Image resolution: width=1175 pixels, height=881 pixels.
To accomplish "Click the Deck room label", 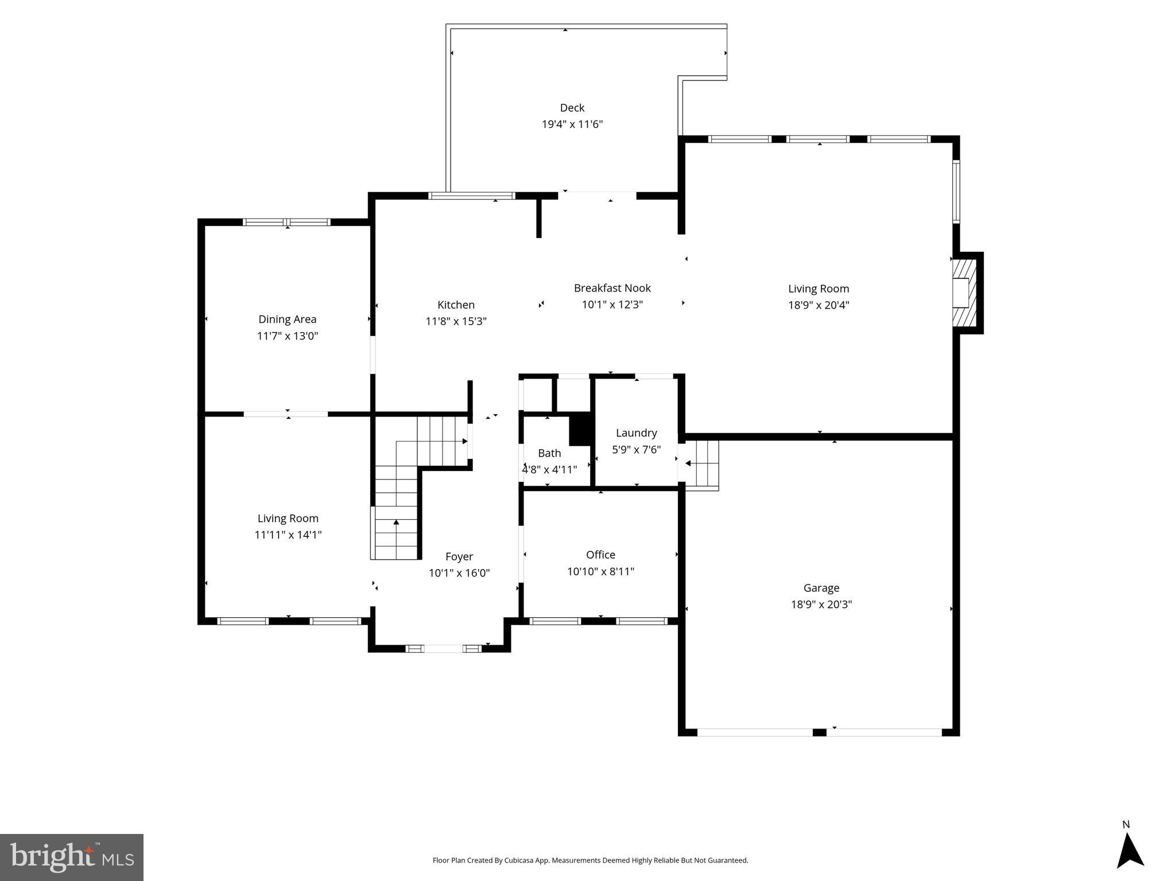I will tap(572, 108).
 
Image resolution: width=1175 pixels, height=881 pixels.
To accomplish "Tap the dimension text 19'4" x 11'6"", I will tap(572, 124).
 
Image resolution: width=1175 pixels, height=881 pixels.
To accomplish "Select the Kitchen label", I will tap(456, 305).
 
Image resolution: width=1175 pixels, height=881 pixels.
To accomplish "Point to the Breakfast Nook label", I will tap(612, 289).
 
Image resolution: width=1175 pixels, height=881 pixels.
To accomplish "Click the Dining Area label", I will tap(287, 319).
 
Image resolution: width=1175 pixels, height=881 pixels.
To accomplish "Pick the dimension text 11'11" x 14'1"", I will tap(288, 535).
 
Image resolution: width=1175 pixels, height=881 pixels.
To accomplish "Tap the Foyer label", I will tap(459, 556).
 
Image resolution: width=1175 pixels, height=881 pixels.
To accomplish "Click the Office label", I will tap(600, 555).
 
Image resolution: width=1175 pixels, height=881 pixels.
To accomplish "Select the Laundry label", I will tap(636, 433).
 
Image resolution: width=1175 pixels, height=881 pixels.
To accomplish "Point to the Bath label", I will tap(549, 453).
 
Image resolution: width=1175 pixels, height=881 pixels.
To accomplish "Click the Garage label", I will tap(821, 588).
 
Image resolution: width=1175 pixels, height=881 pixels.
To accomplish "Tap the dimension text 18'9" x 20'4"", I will tap(818, 305).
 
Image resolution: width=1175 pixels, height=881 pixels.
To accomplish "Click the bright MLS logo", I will tap(72, 857).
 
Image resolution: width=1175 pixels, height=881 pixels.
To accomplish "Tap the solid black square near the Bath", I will tap(580, 429).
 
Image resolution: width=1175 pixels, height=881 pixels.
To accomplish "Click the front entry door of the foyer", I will tap(443, 649).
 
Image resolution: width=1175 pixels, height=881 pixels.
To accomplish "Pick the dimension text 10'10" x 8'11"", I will tap(600, 572).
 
